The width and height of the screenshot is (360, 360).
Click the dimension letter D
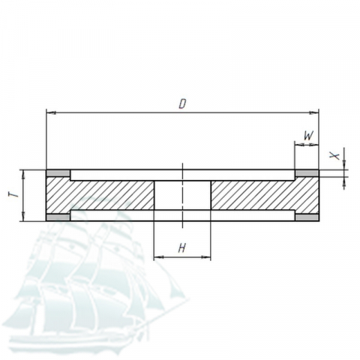coord(183,103)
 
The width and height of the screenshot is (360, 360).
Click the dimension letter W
coord(309,136)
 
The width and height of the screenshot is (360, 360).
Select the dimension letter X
coord(334,156)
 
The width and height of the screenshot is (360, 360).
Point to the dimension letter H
coord(182,248)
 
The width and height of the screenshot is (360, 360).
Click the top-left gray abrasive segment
coord(58,173)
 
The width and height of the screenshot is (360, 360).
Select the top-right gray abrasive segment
coord(307,173)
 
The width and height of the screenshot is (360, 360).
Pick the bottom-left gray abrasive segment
coord(58,217)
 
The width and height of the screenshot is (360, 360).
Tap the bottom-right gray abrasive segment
coord(307,217)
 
